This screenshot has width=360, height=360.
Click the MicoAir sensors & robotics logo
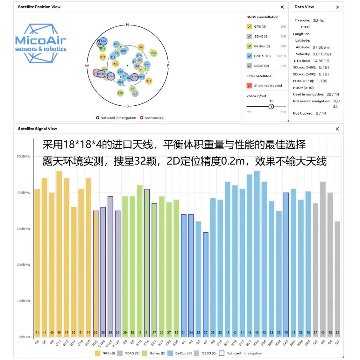click(x=41, y=44)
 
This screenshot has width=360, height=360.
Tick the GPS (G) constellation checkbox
click(x=249, y=27)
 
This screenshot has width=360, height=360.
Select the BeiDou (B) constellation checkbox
click(x=249, y=56)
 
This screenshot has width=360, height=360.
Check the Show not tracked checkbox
click(x=249, y=86)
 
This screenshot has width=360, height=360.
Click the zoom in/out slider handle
click(x=271, y=107)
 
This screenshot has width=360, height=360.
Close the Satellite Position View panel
click(x=282, y=7)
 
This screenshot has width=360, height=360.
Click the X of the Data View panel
click(x=337, y=7)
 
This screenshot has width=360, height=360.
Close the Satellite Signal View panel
click(x=337, y=129)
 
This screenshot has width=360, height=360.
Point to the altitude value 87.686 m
click(x=321, y=47)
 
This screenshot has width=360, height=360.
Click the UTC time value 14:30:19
click(x=321, y=61)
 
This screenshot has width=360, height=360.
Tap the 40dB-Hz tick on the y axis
click(x=24, y=193)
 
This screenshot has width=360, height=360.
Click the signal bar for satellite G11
click(x=59, y=253)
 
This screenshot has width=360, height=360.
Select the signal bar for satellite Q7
click(x=337, y=279)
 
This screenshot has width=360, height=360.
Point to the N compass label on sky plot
click(x=127, y=25)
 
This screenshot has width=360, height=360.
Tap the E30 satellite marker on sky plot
click(x=120, y=93)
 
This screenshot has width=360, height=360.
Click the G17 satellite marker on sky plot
click(x=149, y=81)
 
